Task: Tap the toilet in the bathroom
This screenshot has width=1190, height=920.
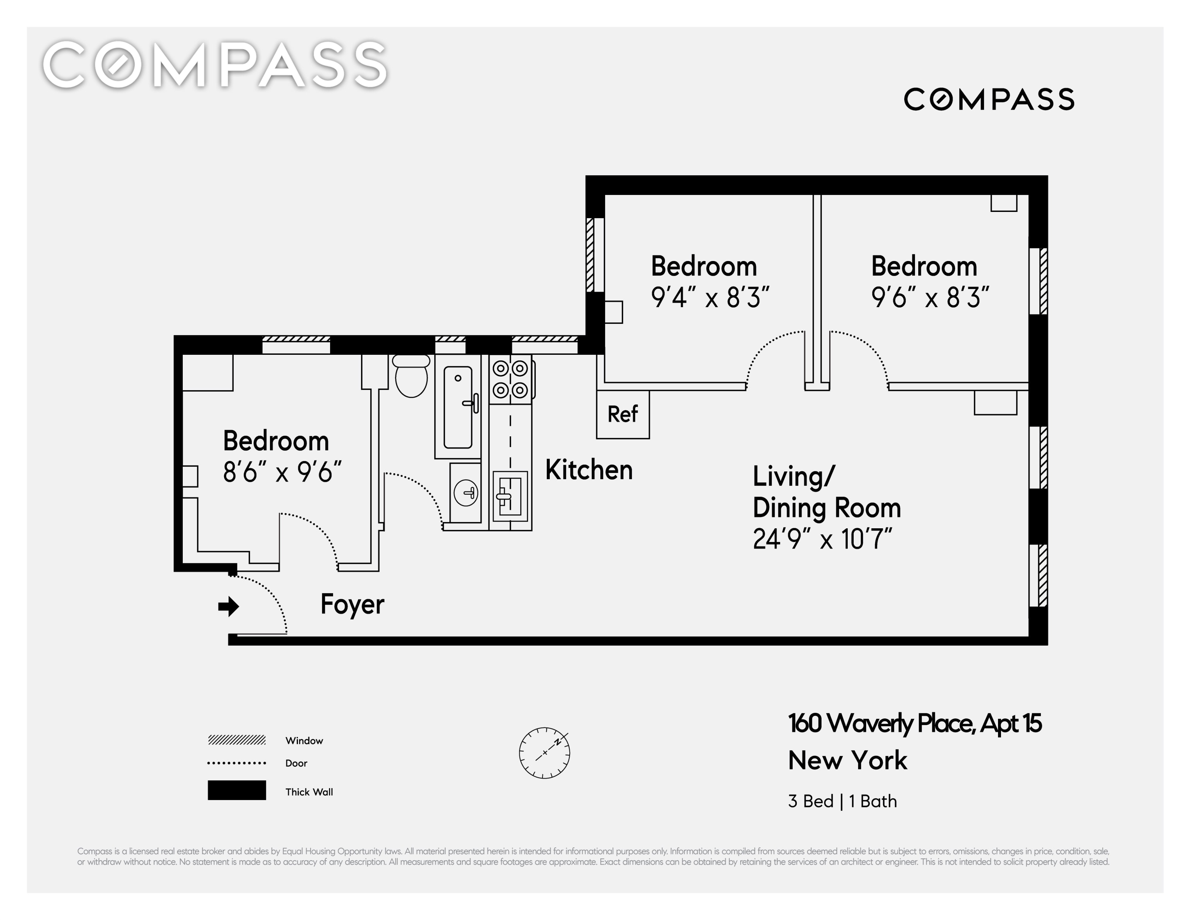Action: pyautogui.click(x=411, y=376)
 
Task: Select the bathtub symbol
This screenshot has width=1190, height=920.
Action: pyautogui.click(x=458, y=407)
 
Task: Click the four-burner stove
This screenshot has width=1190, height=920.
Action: pyautogui.click(x=511, y=379)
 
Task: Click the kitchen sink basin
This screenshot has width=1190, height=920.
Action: pyautogui.click(x=510, y=496)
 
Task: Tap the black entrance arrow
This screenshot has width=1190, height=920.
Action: pyautogui.click(x=229, y=606)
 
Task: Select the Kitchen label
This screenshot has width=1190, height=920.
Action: pyautogui.click(x=589, y=470)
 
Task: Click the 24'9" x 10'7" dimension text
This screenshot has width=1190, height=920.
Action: pyautogui.click(x=823, y=539)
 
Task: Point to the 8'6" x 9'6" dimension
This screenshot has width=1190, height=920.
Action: pyautogui.click(x=282, y=472)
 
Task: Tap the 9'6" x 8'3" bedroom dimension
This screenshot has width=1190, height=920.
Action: pyautogui.click(x=930, y=298)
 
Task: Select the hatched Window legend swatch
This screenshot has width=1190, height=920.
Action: pyautogui.click(x=236, y=740)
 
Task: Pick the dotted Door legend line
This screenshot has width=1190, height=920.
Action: pyautogui.click(x=236, y=763)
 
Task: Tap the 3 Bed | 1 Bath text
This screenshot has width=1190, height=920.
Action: pyautogui.click(x=842, y=801)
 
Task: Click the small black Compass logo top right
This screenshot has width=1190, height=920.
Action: pyautogui.click(x=989, y=100)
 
